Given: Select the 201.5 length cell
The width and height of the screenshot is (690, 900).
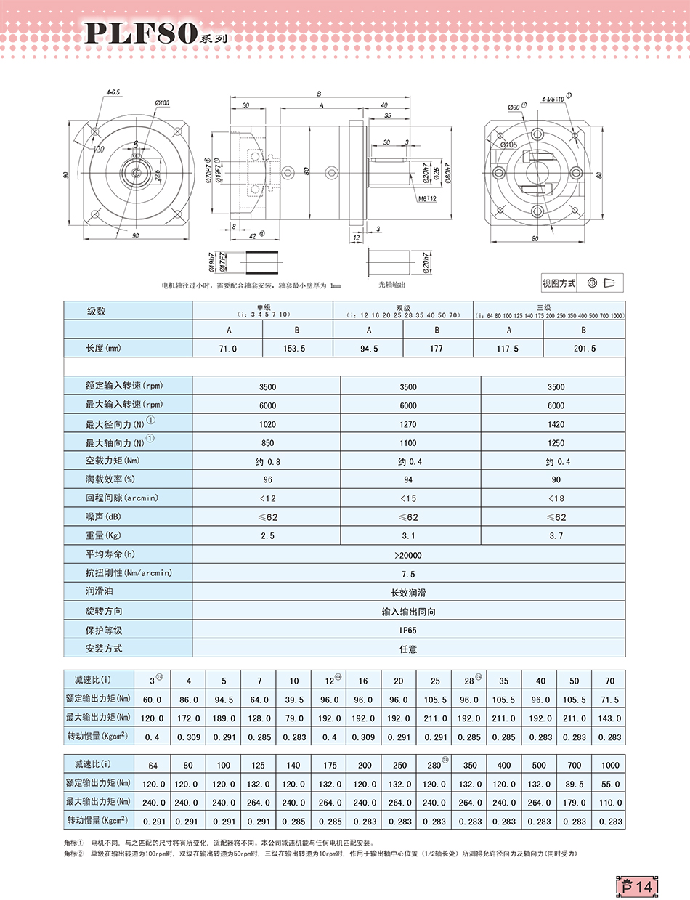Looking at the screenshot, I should [x=584, y=349].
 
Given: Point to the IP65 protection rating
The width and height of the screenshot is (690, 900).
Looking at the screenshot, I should [x=408, y=631].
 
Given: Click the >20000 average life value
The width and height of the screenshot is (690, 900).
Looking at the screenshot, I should [x=408, y=555].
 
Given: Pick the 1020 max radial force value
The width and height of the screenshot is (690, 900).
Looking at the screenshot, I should [x=267, y=424].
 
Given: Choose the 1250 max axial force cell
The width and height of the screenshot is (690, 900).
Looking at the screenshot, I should [x=555, y=443].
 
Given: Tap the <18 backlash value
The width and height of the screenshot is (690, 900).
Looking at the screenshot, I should [x=555, y=498].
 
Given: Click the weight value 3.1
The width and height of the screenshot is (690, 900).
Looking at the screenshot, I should [x=408, y=536].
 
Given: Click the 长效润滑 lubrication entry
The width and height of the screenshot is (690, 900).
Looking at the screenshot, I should [x=408, y=593].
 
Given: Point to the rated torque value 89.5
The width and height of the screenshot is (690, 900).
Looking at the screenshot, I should [x=575, y=784].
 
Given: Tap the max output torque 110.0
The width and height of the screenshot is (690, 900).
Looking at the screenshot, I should [x=610, y=803].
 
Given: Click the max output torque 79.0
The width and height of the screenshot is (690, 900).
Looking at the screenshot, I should [x=293, y=718].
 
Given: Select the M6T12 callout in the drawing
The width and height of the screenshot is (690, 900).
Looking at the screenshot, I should [x=428, y=199].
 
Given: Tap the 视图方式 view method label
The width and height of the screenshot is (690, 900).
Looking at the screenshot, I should [x=559, y=283].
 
